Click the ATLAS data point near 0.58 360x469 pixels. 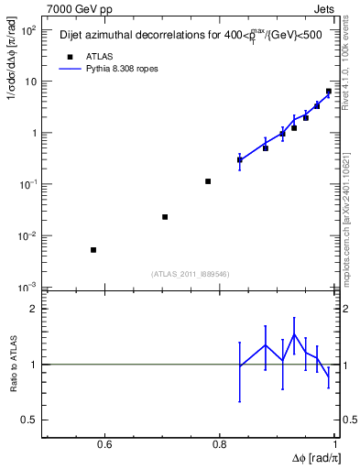point(93,250)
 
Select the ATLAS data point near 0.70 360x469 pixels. point(165,217)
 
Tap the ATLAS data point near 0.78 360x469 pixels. point(209,181)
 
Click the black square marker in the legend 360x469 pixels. point(70,57)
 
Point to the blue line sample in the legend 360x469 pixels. point(70,69)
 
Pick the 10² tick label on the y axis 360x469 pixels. point(29,29)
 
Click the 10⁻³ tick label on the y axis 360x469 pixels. point(29,287)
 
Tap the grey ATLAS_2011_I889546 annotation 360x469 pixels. point(190,273)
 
